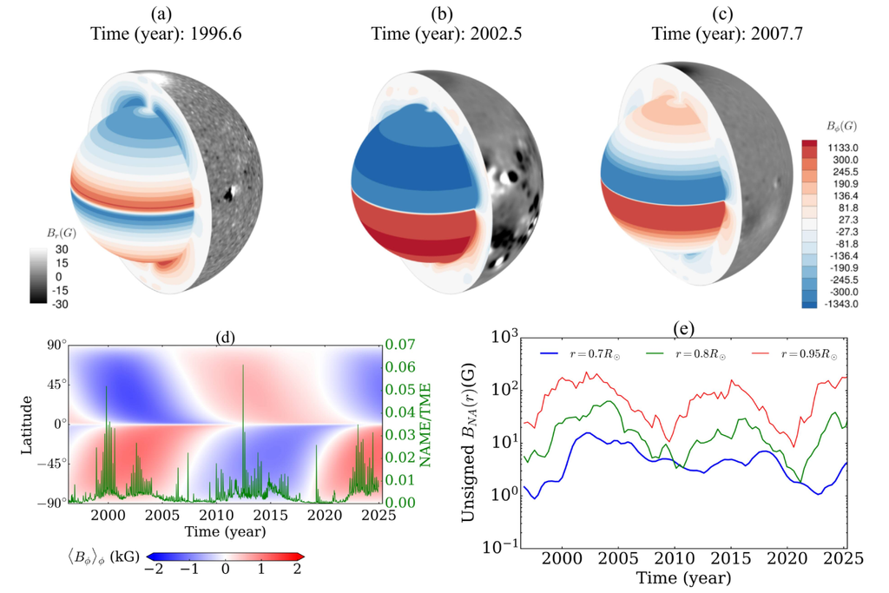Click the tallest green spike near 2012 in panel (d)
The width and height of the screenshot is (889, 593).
[243, 366]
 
